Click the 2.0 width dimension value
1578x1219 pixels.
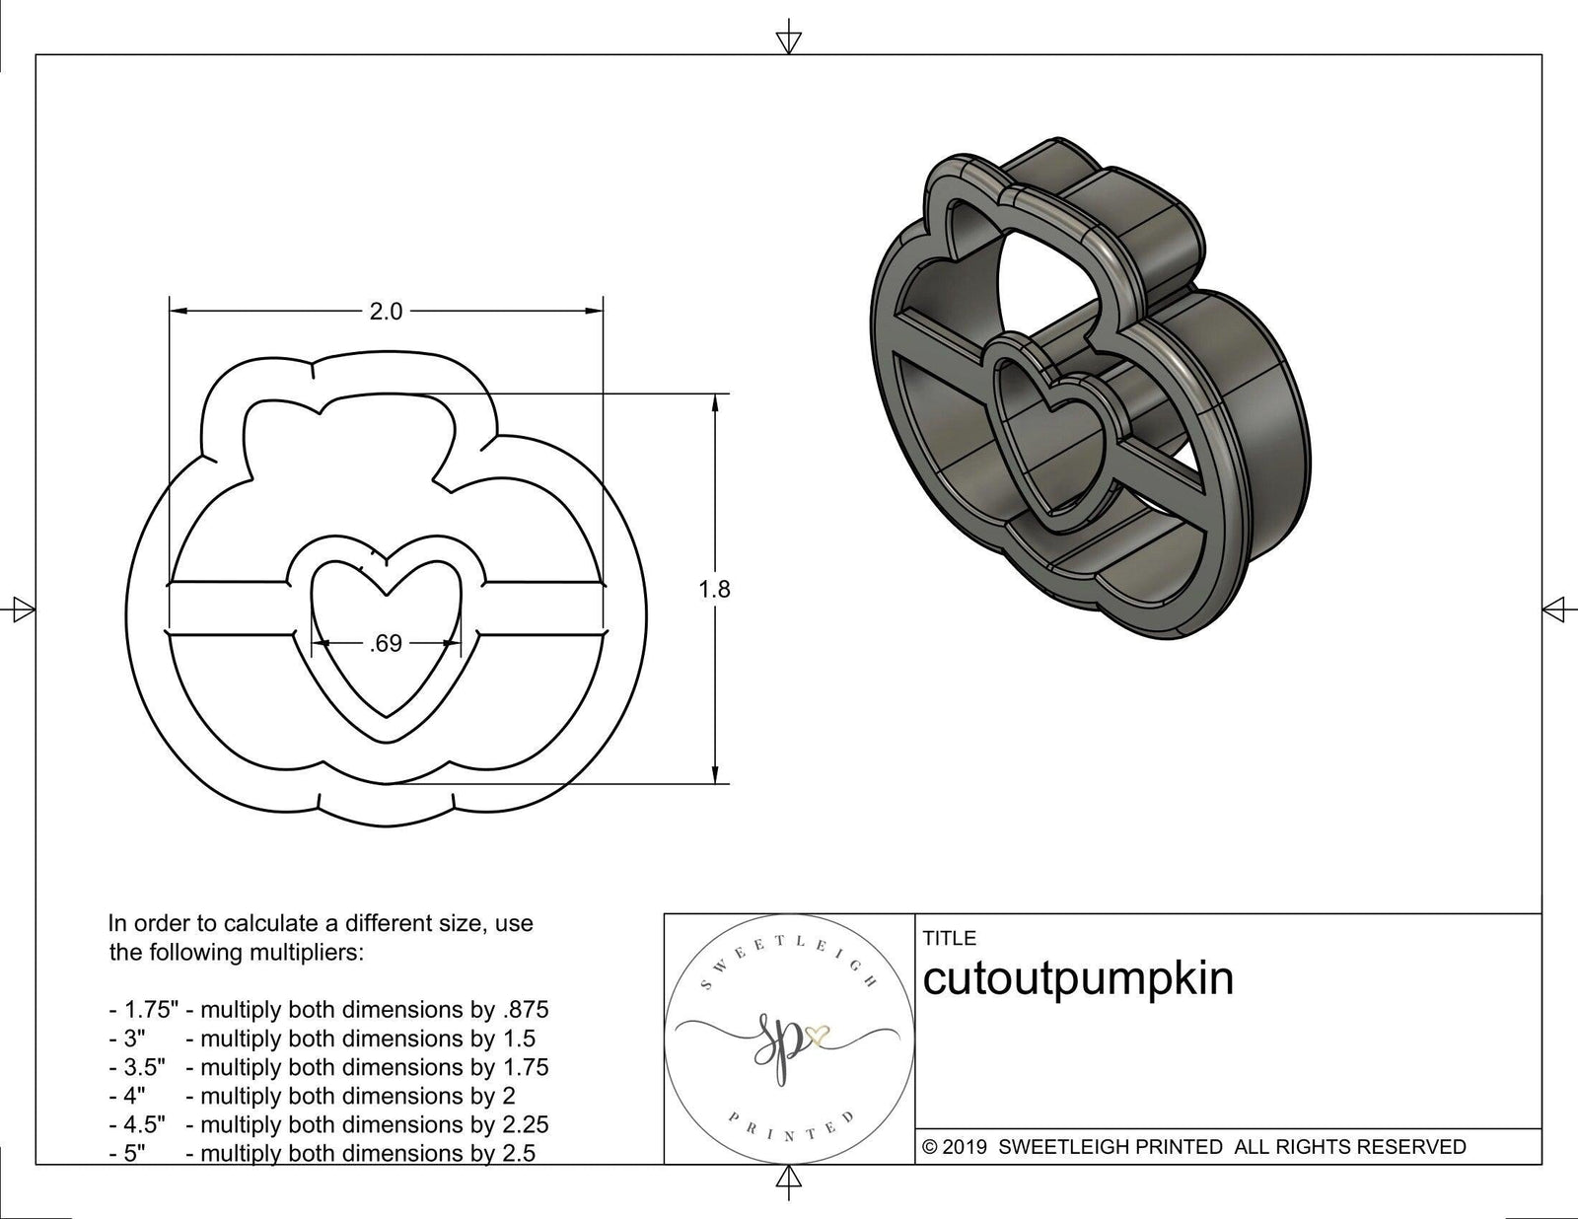386,312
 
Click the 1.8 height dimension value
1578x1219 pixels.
714,589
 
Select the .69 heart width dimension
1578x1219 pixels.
386,643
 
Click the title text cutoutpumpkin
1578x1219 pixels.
1078,979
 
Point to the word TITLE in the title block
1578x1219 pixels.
950,938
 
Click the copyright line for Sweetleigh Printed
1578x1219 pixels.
1194,1146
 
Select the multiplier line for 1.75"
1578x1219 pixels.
328,1010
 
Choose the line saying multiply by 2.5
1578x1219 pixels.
323,1153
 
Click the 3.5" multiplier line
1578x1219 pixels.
328,1067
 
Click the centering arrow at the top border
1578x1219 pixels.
788,40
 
